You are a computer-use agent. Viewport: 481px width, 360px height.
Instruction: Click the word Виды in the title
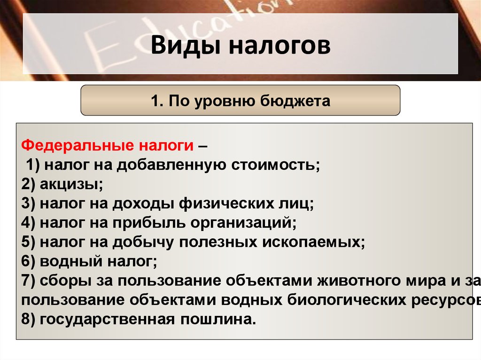pos(186,45)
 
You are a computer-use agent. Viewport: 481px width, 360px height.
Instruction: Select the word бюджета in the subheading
pos(295,101)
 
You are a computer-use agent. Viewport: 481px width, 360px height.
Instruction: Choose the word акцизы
pos(71,184)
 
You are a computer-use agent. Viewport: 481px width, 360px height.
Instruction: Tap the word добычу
pos(143,242)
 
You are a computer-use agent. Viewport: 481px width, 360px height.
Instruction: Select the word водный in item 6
pos(71,261)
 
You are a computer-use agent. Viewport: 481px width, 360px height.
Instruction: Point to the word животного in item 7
pos(360,281)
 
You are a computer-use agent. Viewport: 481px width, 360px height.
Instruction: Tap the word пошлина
pos(218,320)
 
